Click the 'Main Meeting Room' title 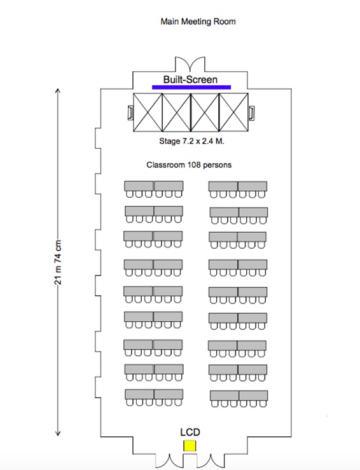[x=198, y=22]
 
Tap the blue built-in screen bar [x=191, y=87]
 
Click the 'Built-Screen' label [x=190, y=79]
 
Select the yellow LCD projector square [x=190, y=445]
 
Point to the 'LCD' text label [x=190, y=432]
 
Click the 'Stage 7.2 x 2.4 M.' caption [x=191, y=141]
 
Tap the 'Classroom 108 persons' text [x=189, y=165]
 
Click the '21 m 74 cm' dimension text [x=58, y=262]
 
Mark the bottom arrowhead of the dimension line [x=58, y=434]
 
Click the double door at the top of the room [x=190, y=64]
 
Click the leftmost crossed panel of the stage [x=148, y=112]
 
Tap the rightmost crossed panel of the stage [x=234, y=112]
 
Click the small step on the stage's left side [x=130, y=113]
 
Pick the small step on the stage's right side [x=251, y=113]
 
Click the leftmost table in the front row [x=139, y=186]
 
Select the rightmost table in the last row [x=253, y=396]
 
